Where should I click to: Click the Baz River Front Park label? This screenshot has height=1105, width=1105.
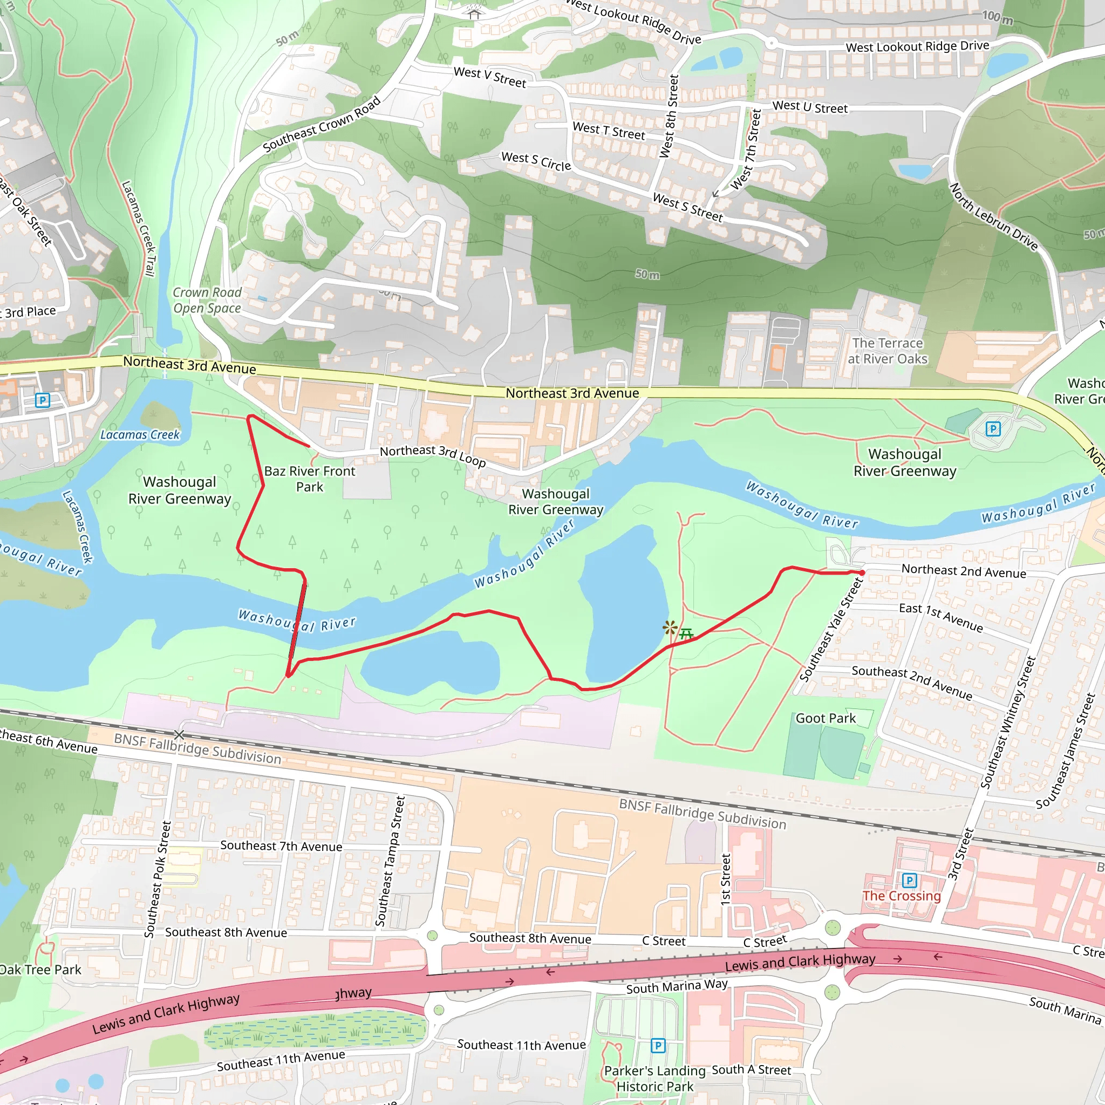(x=309, y=479)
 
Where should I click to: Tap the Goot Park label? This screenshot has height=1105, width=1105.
(x=826, y=718)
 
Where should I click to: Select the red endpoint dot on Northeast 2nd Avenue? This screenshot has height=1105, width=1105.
(x=862, y=572)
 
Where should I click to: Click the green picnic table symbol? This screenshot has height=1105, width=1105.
(x=686, y=633)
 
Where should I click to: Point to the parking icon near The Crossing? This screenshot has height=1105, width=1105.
(x=909, y=880)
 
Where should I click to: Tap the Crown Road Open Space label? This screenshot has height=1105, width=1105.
(x=207, y=301)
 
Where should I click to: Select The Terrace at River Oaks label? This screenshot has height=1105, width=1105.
(x=887, y=351)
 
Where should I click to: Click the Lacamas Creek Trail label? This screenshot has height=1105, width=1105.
(x=139, y=229)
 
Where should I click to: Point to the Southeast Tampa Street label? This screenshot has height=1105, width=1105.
(x=390, y=861)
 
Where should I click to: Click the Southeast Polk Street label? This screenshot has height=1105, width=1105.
(x=158, y=879)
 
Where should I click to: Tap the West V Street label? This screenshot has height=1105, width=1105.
(x=489, y=77)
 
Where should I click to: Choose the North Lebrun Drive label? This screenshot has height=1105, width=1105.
(x=993, y=217)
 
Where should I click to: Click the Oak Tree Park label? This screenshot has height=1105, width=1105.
(x=40, y=970)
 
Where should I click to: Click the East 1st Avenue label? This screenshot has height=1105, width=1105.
(x=941, y=618)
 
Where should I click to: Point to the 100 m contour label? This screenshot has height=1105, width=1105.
(x=998, y=17)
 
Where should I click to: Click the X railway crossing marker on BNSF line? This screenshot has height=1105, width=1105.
(x=179, y=734)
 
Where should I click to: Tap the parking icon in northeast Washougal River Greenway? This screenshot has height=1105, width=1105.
(x=993, y=428)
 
